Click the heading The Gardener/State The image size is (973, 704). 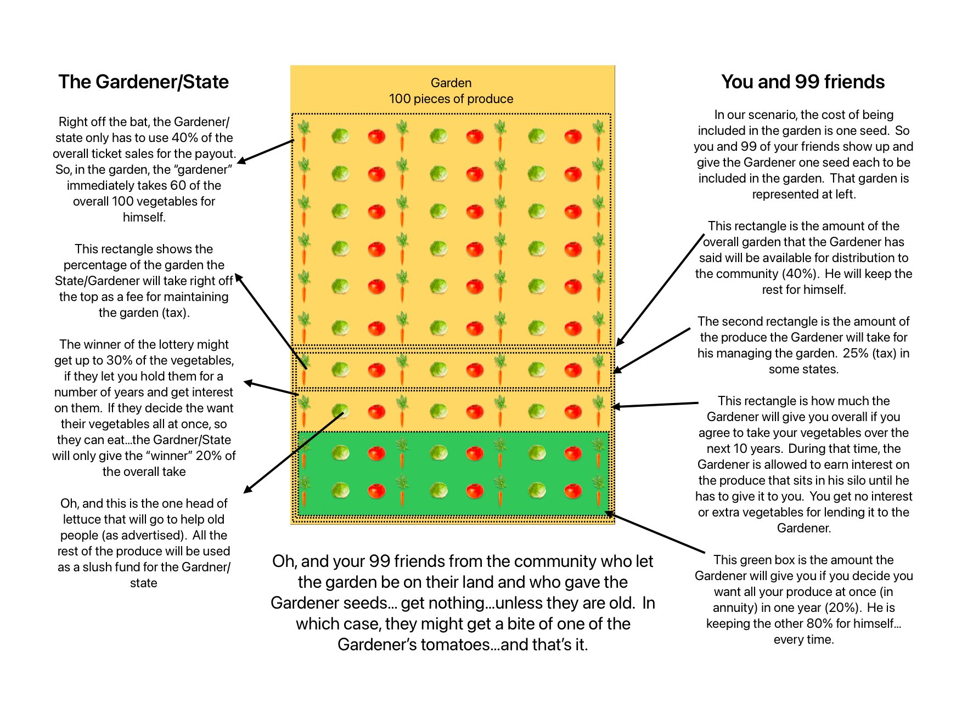[143, 82]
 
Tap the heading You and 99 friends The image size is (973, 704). [802, 82]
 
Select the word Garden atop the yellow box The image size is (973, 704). [451, 83]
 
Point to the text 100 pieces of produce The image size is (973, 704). [451, 99]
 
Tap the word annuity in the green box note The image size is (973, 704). [734, 608]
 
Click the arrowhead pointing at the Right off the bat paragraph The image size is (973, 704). [241, 161]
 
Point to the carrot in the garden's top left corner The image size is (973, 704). [303, 135]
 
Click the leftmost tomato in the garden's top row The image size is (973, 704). [376, 135]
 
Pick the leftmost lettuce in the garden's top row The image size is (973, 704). [340, 135]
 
